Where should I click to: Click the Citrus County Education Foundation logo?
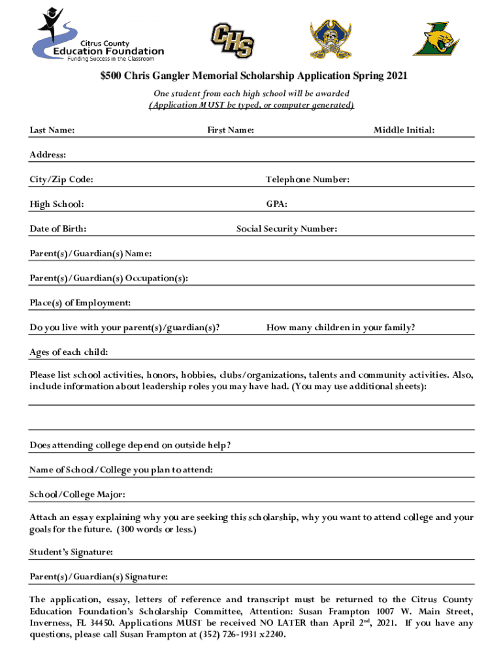click(x=98, y=36)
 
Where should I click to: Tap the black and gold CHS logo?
click(x=232, y=40)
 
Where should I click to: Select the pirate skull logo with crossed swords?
click(x=334, y=39)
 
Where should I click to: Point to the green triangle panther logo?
click(x=436, y=39)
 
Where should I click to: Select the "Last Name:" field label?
click(x=52, y=130)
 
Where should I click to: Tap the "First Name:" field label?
click(x=231, y=130)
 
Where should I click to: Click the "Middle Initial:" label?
click(x=404, y=130)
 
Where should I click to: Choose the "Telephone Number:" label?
click(x=308, y=179)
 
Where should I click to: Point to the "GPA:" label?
click(x=277, y=204)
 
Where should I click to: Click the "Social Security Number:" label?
click(x=287, y=229)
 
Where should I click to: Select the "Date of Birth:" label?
click(x=58, y=229)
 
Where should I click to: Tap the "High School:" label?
click(x=56, y=204)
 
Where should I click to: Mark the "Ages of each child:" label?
click(x=69, y=352)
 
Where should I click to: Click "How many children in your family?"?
click(x=340, y=327)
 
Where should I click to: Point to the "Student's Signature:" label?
click(x=71, y=552)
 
